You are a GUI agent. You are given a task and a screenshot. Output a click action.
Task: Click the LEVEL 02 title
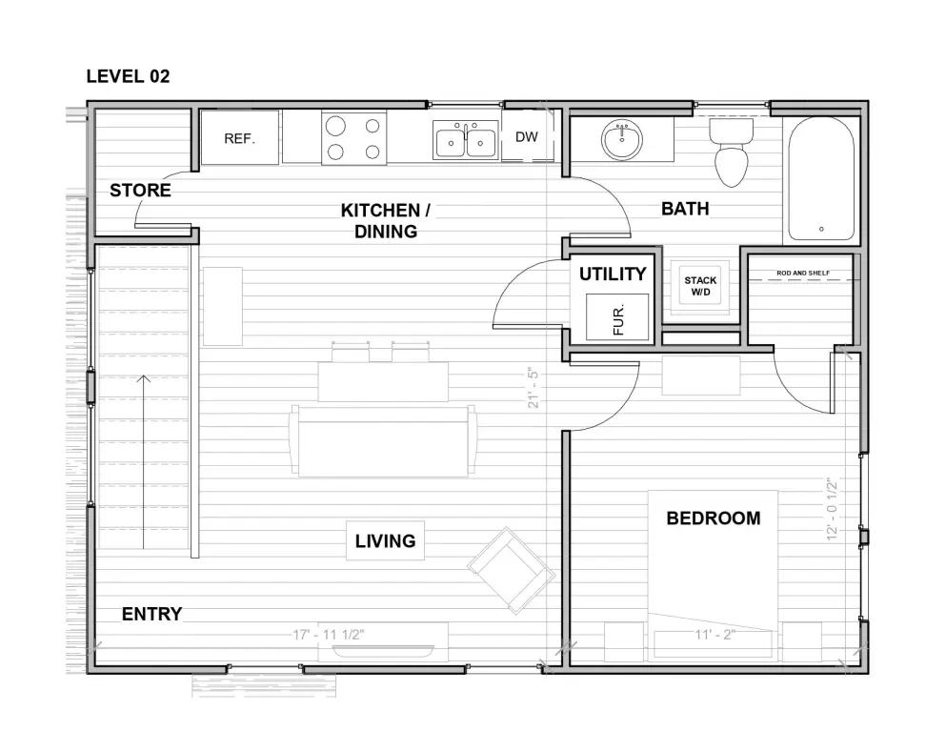tap(128, 76)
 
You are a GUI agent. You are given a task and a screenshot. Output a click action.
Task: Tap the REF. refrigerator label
tap(239, 139)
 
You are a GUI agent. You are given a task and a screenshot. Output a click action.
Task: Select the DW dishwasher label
tap(527, 137)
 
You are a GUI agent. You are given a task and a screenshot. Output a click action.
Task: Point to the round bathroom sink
tap(622, 140)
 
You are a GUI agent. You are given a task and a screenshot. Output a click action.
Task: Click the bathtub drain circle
tap(821, 230)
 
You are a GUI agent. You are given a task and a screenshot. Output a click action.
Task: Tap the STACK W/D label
tap(700, 286)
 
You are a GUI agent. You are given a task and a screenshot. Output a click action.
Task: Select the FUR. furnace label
tap(618, 320)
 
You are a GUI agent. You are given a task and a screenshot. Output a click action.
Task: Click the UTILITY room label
tap(613, 274)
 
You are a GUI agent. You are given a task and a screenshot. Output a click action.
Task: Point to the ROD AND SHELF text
tap(803, 273)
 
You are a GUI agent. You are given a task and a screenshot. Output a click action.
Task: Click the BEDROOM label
tap(714, 518)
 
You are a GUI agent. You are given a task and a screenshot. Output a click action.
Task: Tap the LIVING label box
tap(386, 540)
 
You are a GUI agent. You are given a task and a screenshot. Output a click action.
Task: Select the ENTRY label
tap(152, 614)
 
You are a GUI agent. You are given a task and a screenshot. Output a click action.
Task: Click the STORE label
tap(141, 191)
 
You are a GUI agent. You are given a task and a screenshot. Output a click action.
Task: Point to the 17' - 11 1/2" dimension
tap(329, 635)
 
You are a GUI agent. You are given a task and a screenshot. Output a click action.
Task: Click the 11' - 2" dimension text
tap(715, 635)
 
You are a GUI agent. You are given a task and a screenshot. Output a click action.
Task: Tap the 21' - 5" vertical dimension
tap(533, 388)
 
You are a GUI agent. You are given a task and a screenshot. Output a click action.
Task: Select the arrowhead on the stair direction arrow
tap(144, 378)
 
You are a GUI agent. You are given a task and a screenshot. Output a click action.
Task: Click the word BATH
tap(685, 209)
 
